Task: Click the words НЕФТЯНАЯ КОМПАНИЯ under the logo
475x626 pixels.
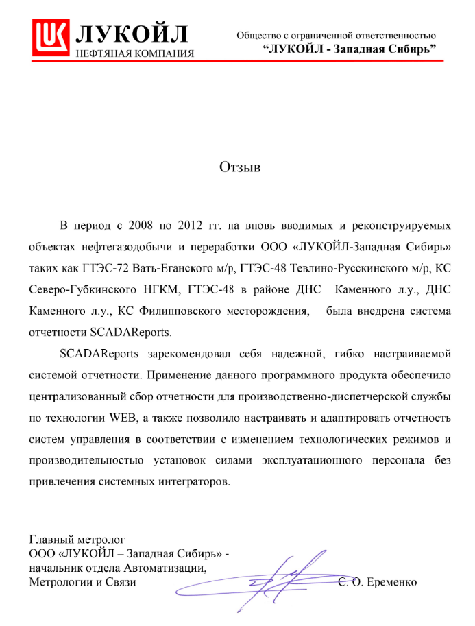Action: coord(134,53)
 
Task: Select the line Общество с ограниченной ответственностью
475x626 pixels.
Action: coord(336,35)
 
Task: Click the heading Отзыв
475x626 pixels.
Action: coord(240,167)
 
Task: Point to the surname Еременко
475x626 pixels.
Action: coord(393,583)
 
